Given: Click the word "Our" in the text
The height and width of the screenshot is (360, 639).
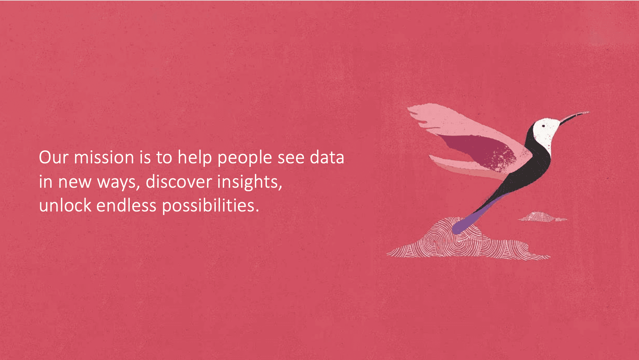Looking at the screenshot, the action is point(54,158).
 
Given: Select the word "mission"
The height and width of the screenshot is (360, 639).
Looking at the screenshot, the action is point(104,157).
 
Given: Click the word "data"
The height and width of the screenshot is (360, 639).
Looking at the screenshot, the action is point(327,157).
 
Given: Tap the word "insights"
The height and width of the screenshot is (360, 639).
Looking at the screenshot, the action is point(248,182).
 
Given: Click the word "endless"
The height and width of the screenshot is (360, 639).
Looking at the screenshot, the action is point(126,205).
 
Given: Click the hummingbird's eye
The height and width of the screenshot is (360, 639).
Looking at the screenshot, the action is point(543,126).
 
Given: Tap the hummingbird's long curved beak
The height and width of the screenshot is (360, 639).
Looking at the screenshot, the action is point(574,117).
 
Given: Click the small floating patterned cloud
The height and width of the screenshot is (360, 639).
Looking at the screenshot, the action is point(542,217).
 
